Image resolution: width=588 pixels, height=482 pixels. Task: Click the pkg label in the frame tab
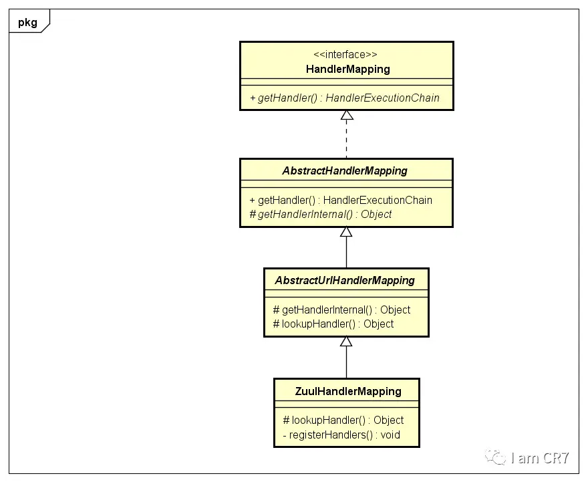[x=26, y=21]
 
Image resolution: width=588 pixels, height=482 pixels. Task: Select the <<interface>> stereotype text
[x=347, y=55]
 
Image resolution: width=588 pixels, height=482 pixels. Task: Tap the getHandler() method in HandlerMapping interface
[x=345, y=98]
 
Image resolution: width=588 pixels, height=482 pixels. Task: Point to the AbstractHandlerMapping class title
[x=345, y=170]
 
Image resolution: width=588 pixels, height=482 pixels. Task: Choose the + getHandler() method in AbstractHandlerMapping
[x=341, y=200]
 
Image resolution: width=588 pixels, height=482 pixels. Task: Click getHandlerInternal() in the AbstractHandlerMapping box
[x=321, y=215]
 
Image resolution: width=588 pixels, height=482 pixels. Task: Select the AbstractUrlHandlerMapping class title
[x=345, y=280]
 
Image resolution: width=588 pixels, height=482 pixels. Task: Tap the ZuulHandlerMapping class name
[x=347, y=391]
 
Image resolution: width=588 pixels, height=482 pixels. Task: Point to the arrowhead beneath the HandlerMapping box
[x=346, y=115]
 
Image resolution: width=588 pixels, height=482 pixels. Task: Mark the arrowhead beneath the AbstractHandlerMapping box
[x=346, y=232]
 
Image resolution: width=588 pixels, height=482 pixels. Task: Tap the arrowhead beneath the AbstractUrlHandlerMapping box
[x=346, y=342]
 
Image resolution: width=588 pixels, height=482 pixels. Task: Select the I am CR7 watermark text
[x=540, y=458]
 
